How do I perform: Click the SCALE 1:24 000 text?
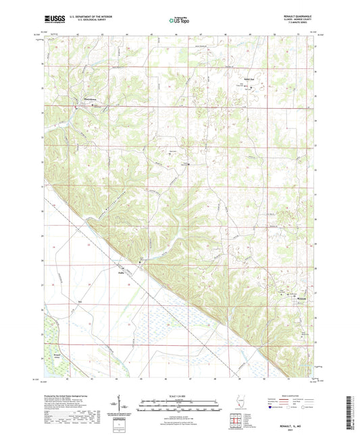click(x=180, y=395)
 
